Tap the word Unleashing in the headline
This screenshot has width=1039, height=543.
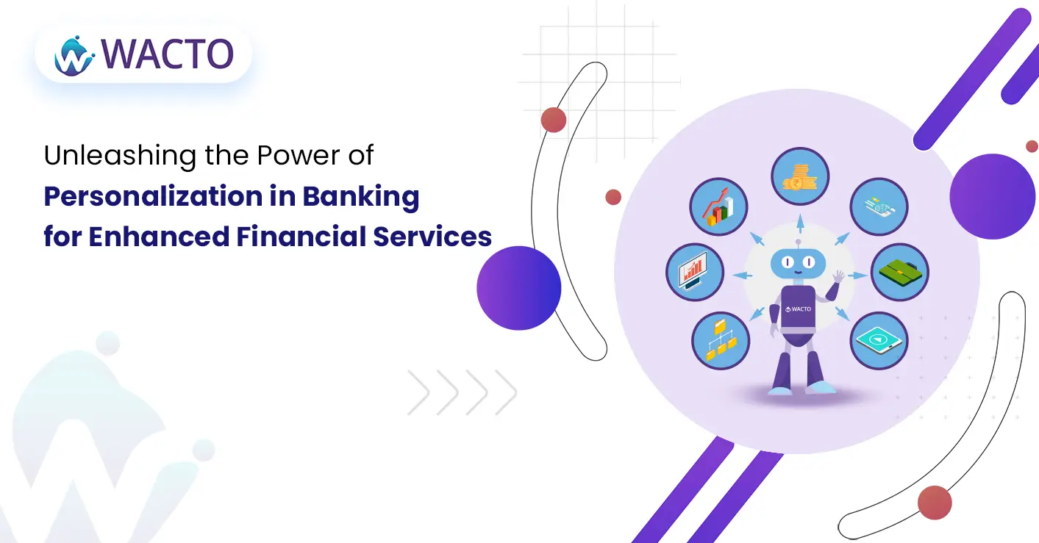pyautogui.click(x=120, y=156)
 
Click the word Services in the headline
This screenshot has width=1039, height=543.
pyautogui.click(x=432, y=237)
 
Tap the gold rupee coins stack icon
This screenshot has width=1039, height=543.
pyautogui.click(x=800, y=176)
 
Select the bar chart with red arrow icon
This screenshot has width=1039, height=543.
pyautogui.click(x=718, y=206)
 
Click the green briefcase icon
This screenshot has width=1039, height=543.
pyautogui.click(x=900, y=273)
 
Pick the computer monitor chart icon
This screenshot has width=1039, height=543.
pyautogui.click(x=694, y=273)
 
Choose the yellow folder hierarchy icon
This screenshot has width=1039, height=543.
pyautogui.click(x=721, y=340)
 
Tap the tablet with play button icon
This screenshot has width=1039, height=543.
pyautogui.click(x=879, y=340)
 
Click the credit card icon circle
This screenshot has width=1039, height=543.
pyautogui.click(x=879, y=206)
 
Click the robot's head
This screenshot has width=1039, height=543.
pyautogui.click(x=798, y=262)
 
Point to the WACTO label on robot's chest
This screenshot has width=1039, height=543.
pyautogui.click(x=799, y=309)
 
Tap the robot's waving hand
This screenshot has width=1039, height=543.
pyautogui.click(x=838, y=277)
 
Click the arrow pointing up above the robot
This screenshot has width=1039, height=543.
pyautogui.click(x=800, y=224)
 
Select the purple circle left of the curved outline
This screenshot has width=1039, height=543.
pyautogui.click(x=519, y=288)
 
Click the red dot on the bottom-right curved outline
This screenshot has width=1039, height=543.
pyautogui.click(x=935, y=503)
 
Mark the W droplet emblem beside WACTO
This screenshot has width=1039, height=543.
pyautogui.click(x=74, y=56)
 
